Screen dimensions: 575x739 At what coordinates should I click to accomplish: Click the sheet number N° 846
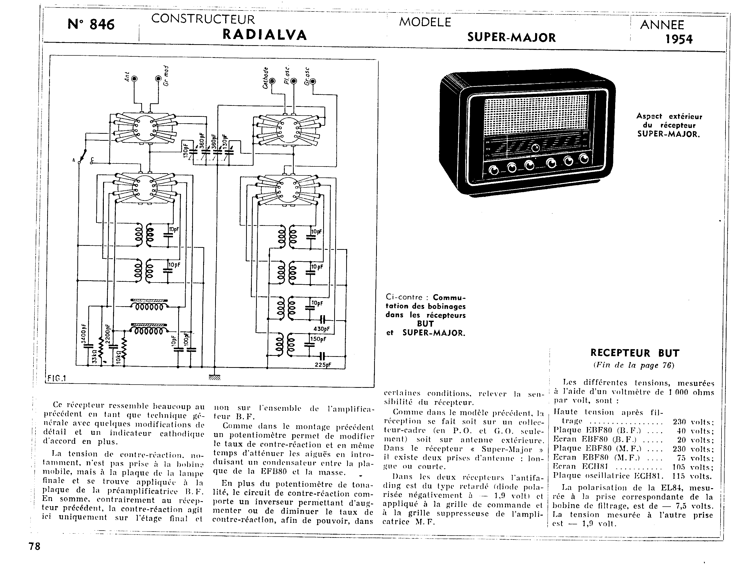coord(91,24)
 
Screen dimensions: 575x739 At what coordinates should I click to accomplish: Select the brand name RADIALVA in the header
coord(265,35)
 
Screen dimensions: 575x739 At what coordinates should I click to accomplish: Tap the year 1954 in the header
coord(679,40)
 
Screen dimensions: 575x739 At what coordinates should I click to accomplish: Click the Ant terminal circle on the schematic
coord(134,79)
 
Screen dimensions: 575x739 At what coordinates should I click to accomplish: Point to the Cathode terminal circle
coord(273,81)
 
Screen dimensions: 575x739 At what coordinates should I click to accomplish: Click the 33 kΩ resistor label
coord(94,357)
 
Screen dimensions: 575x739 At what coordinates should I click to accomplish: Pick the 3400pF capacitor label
coord(84,334)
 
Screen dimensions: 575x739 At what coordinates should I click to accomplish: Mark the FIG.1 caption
coord(56,378)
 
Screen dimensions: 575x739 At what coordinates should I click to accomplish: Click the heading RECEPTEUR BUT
coord(635,353)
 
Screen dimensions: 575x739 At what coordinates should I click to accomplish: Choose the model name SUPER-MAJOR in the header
coord(511,38)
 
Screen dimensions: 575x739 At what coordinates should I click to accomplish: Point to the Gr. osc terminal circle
coord(313,81)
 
